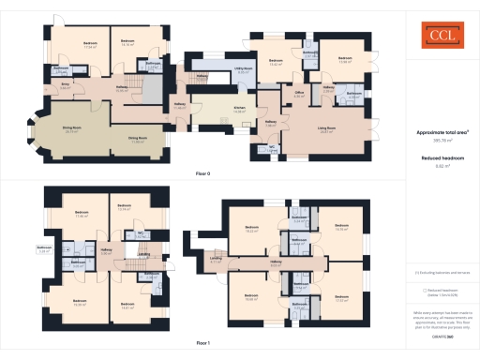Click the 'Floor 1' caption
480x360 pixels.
(202, 344)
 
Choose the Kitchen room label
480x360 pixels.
(239, 110)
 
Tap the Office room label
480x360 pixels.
(299, 95)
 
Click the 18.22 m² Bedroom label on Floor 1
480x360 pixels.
(251, 230)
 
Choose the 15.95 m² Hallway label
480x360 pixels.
(122, 90)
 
